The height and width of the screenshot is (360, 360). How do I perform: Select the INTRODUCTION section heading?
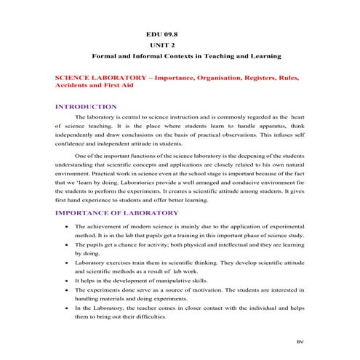87,107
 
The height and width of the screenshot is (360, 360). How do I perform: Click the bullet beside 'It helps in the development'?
66,279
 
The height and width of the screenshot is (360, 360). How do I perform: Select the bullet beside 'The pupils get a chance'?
66,246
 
